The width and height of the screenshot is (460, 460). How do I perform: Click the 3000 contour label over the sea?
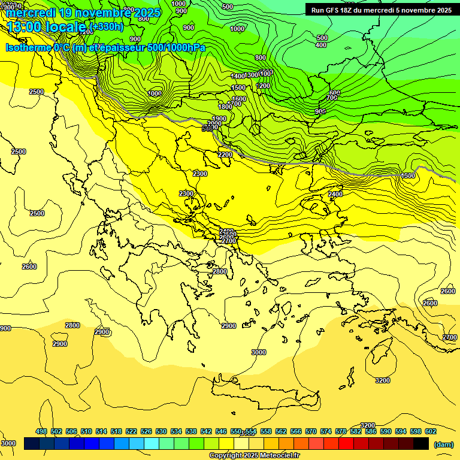[258, 352]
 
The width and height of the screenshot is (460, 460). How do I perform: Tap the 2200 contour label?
[225, 155]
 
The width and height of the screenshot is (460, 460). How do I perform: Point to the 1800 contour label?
[225, 107]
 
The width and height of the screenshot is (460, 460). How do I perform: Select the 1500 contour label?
[238, 88]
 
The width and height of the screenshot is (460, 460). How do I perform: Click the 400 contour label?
[321, 45]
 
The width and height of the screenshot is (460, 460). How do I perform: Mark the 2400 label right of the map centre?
[335, 194]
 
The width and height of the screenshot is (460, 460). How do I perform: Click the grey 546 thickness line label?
[208, 128]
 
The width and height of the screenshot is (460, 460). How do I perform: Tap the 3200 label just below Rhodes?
[382, 380]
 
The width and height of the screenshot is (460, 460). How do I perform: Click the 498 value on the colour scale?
[41, 431]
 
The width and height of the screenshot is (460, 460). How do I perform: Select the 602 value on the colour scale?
[431, 431]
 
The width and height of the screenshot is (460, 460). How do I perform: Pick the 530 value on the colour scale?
[161, 431]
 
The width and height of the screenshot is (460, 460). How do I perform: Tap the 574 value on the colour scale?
[326, 431]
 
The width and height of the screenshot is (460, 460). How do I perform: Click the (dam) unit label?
[443, 444]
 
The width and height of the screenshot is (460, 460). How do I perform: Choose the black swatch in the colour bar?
[421, 444]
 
